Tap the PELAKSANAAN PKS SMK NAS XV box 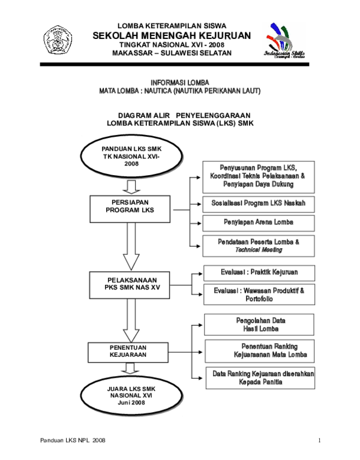coord(130,284)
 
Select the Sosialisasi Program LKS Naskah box coord(259,204)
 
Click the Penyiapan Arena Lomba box coord(259,223)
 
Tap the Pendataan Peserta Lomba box coord(259,245)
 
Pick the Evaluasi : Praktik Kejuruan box coord(259,272)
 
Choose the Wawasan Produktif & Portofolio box coord(259,294)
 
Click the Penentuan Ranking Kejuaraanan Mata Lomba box coord(260,350)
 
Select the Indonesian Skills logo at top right coord(284,41)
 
